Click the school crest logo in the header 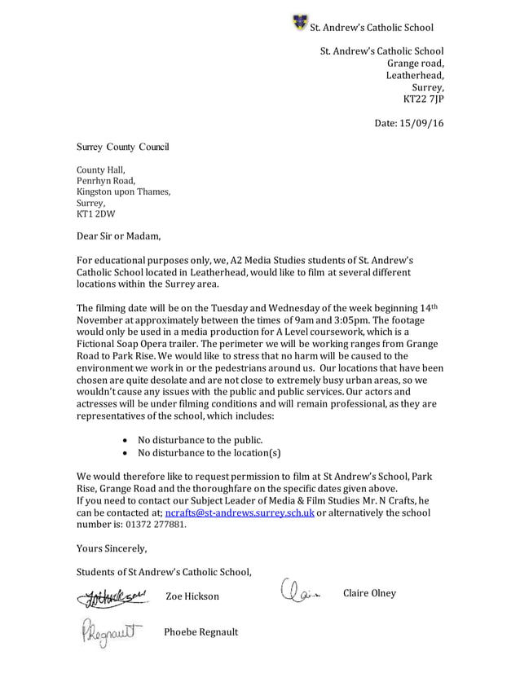pos(299,22)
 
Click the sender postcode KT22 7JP pos(424,99)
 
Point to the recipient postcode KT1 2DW pos(95,214)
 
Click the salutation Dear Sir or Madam pos(119,237)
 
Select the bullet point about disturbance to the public pos(200,439)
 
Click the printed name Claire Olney pos(369,592)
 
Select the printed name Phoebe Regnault pos(201,633)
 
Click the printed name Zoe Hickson pos(192,596)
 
